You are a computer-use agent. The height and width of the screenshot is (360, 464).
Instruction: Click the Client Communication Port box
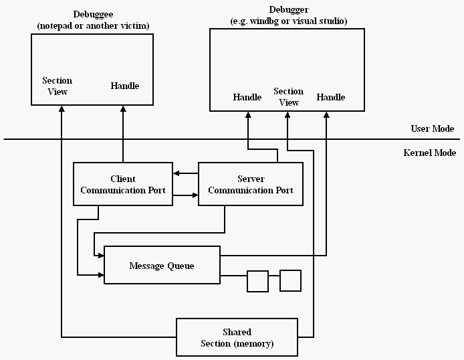click(x=122, y=184)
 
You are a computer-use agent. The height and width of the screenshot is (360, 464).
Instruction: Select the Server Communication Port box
click(x=251, y=184)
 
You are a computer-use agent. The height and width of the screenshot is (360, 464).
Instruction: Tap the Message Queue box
click(x=162, y=266)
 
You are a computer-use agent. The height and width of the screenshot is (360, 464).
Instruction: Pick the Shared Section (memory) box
click(x=237, y=337)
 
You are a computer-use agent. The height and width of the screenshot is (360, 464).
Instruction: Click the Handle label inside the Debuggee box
click(x=124, y=86)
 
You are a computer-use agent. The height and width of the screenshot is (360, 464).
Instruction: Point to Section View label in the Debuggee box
click(x=57, y=86)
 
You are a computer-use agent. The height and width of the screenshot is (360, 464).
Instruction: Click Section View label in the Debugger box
click(x=288, y=96)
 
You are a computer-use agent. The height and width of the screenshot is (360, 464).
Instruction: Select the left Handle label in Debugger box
click(x=247, y=97)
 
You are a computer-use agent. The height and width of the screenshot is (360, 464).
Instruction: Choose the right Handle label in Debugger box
click(x=331, y=97)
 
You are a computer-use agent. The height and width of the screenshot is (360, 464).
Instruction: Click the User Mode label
click(x=433, y=128)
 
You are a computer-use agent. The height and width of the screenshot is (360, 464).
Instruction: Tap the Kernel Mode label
click(x=430, y=153)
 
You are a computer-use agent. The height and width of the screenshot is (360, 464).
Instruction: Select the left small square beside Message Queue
click(x=257, y=281)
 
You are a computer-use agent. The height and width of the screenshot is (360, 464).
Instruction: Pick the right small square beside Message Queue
click(x=290, y=280)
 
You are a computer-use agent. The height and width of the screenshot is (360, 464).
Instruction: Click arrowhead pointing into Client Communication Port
click(x=175, y=174)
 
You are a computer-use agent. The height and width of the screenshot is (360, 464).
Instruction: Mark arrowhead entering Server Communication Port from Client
click(x=195, y=195)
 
